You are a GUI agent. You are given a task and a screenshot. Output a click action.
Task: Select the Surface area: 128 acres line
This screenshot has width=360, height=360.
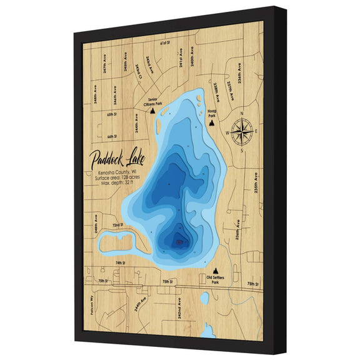119,178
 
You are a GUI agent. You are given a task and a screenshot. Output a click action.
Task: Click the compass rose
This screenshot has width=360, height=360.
240,131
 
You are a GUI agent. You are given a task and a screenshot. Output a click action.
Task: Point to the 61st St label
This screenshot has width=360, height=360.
164,44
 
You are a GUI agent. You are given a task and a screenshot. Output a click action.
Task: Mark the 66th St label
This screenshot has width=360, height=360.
112,136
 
